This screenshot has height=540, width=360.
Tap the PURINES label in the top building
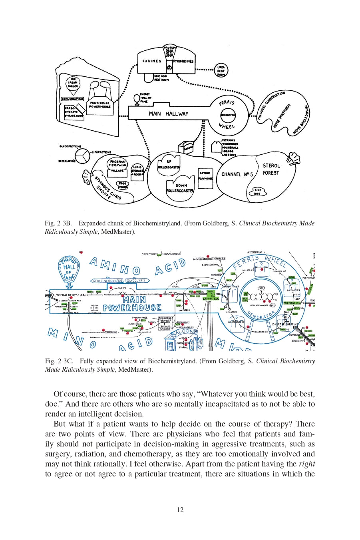click(x=152, y=61)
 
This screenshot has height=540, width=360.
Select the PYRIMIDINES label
click(x=183, y=61)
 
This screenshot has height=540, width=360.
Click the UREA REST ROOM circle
click(x=221, y=71)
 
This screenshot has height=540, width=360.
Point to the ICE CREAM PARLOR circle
click(x=73, y=83)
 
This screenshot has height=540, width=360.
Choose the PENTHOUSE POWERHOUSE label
click(x=99, y=105)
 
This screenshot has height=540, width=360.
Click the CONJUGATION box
click(x=72, y=99)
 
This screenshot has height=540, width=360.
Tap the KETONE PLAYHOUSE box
click(x=205, y=176)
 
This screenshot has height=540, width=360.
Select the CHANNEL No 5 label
click(x=237, y=174)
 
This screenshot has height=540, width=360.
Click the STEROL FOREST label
click(x=271, y=169)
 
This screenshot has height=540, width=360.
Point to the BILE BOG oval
click(x=258, y=192)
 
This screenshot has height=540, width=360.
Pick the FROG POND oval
click(x=122, y=185)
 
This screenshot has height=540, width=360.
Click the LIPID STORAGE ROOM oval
click(x=137, y=171)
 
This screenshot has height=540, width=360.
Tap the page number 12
click(x=180, y=510)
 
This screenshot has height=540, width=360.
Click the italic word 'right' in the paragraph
click(x=306, y=464)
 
